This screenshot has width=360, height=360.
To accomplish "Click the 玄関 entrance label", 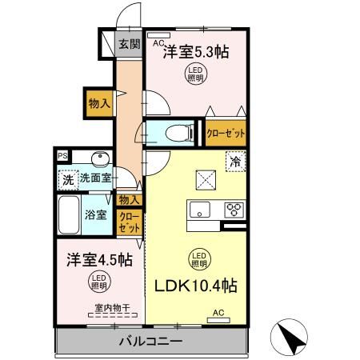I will click(x=129, y=45).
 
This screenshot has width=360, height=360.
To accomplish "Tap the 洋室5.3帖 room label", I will click(x=196, y=53).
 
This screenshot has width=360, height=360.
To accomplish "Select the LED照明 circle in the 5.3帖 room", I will click(x=195, y=75).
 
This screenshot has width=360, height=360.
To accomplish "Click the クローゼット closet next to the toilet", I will click(x=225, y=133).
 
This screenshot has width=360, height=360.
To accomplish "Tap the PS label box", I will click(x=62, y=156).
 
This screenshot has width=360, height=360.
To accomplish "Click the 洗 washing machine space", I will click(x=67, y=181).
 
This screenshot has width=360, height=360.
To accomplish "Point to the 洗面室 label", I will click(x=97, y=180).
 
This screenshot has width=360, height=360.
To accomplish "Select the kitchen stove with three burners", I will click(x=234, y=210).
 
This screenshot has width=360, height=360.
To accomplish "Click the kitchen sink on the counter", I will click(x=198, y=210).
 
